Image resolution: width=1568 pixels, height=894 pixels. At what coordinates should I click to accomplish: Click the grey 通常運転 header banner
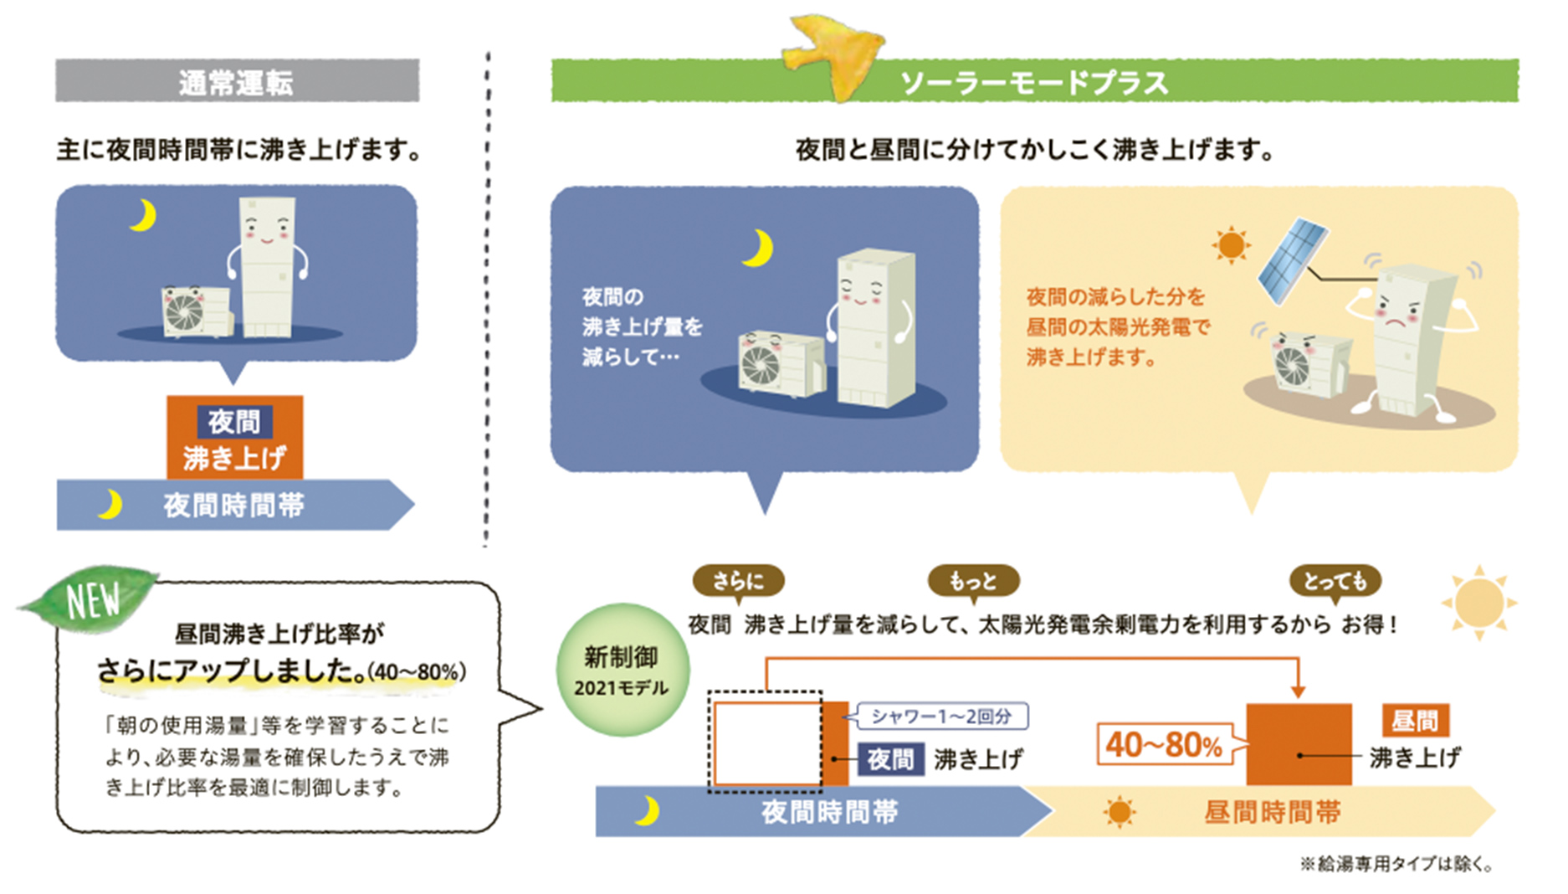237,81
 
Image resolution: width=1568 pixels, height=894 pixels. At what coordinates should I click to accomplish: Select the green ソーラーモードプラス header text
1034,82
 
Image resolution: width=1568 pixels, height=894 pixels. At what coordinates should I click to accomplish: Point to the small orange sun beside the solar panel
1231,245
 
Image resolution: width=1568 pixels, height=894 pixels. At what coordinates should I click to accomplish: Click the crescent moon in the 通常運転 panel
144,215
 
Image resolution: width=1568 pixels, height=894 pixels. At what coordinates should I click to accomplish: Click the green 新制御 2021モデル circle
622,670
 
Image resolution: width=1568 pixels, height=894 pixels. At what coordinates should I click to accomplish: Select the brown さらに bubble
738,580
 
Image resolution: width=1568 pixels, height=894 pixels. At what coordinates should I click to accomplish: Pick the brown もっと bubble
973,580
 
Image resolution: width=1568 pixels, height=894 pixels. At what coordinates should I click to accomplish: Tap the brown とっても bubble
1335,580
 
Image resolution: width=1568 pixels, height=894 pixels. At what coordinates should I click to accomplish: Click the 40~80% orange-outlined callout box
1164,744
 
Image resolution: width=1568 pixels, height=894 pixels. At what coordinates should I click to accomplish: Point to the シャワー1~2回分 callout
942,717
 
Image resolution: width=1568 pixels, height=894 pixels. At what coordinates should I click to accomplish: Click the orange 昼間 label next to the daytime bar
1415,720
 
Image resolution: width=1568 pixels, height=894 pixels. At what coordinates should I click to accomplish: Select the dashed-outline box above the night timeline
765,741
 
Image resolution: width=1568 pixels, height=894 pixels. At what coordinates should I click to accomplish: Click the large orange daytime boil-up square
1299,743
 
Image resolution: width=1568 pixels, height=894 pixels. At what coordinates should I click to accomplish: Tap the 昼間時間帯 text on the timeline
1272,812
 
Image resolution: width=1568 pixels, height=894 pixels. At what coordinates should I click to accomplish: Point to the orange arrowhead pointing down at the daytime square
1298,691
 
